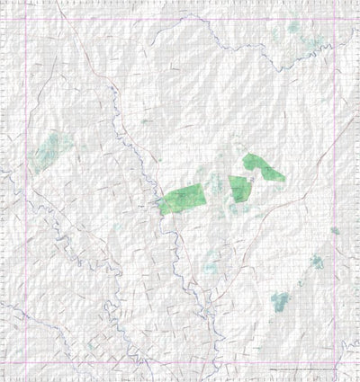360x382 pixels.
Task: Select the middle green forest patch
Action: click(238, 189)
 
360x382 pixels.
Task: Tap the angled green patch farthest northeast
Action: click(263, 169)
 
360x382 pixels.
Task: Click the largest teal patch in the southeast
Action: click(281, 301)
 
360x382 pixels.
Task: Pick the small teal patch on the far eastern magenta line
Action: click(334, 231)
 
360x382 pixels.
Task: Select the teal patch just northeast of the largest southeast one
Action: click(315, 262)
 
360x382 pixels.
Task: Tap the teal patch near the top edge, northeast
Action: click(292, 29)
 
